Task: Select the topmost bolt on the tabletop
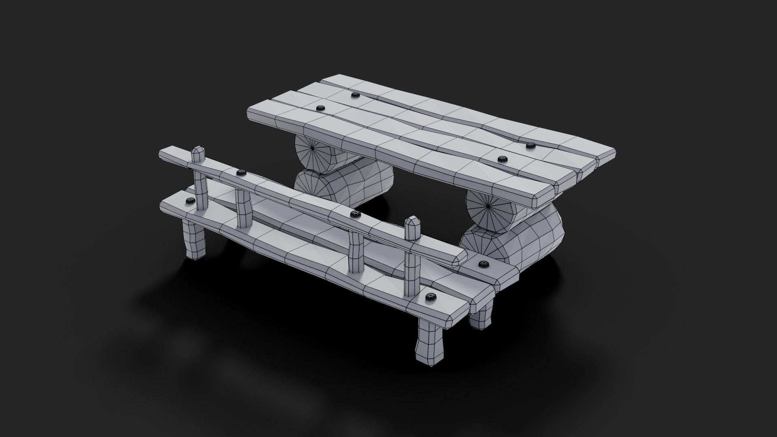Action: (355, 95)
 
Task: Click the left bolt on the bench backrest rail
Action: (241, 173)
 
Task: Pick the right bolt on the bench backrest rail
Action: (356, 214)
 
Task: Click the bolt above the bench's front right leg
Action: (430, 298)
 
